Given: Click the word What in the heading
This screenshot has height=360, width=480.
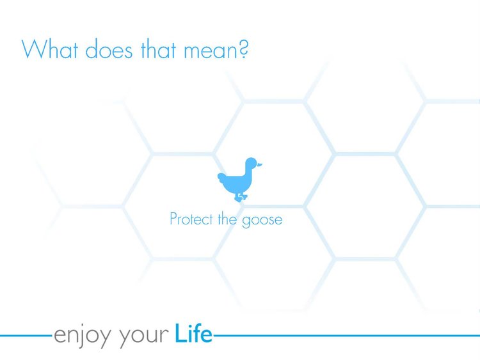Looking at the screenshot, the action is point(50,49).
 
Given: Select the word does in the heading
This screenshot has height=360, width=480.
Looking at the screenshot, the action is point(109,49).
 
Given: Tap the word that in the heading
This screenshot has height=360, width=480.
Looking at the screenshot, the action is point(158,49).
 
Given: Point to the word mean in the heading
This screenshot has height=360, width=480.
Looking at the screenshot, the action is point(210,51).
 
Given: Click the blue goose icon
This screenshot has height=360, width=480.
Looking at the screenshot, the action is point(240,180).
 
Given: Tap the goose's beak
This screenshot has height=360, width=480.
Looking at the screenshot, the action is point(260,165).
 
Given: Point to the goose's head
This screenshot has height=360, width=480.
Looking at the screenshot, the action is point(251,164).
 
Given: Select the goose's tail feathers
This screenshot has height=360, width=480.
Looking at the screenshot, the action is point(223,178).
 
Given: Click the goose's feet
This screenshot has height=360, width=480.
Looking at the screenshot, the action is point(241,198).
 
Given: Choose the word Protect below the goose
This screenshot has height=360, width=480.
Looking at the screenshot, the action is point(191,219).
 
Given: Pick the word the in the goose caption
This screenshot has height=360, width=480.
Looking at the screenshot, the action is point(227,219).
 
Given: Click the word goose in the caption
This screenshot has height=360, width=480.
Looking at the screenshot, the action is point(262,221).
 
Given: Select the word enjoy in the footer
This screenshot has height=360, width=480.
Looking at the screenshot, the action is point(83,336).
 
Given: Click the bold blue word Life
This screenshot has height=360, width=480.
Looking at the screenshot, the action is point(193,333).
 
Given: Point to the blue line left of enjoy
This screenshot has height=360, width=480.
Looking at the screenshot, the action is point(26,336).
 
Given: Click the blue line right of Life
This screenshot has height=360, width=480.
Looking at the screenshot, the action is point(346,336).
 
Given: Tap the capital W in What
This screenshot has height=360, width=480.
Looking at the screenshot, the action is point(34,49).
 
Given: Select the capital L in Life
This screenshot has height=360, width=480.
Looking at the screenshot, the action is point(180,333).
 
